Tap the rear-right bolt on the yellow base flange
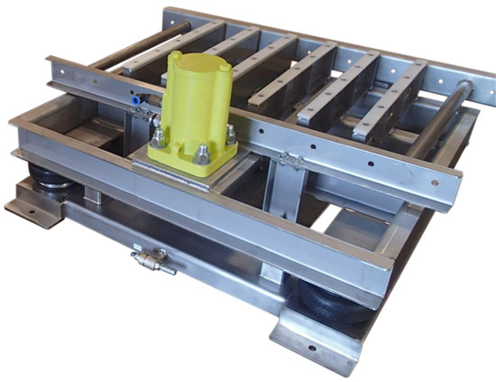point(231,134)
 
